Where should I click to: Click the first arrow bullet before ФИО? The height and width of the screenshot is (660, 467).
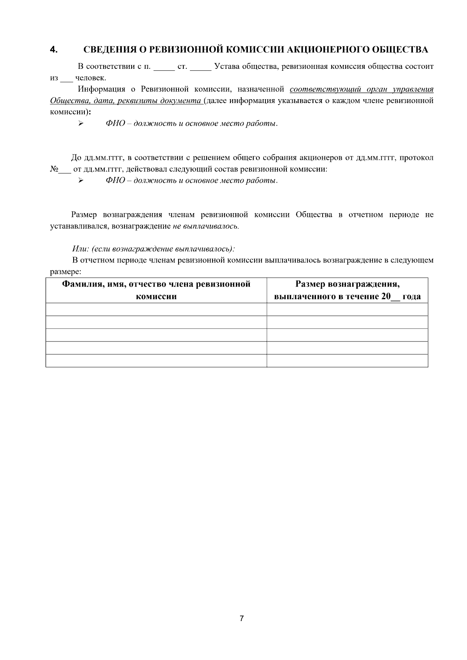click(81, 124)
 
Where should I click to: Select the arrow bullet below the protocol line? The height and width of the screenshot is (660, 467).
click(81, 180)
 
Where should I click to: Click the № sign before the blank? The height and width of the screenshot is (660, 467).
click(54, 170)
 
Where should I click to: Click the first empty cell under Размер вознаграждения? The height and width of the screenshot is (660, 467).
click(347, 310)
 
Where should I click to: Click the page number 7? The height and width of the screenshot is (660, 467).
click(242, 618)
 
